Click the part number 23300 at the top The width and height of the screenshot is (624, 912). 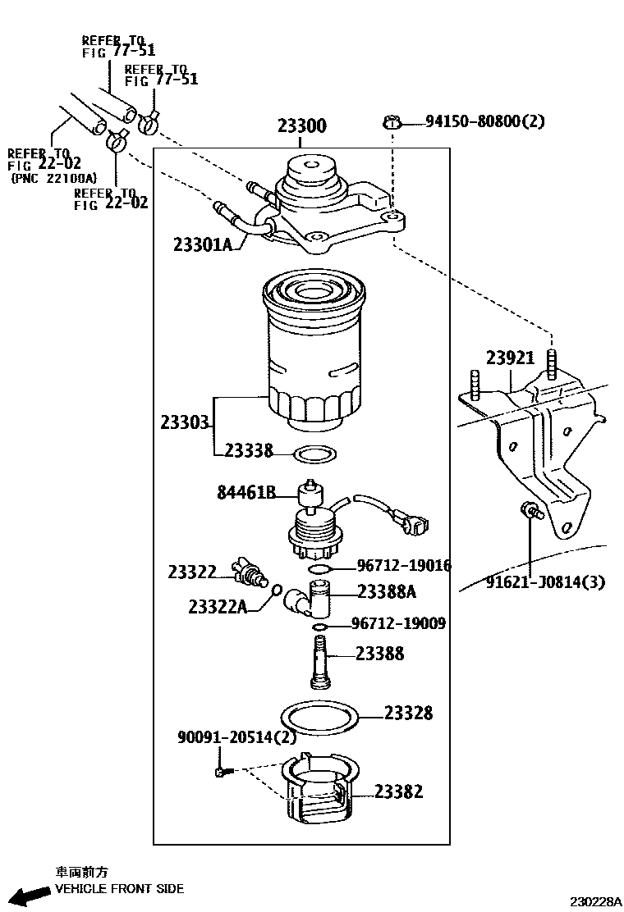click(301, 125)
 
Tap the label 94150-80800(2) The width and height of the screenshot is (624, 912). click(485, 121)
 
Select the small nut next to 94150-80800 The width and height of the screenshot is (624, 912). click(392, 123)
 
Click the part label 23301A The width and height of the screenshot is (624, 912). click(203, 244)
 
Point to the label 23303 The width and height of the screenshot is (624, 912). click(185, 422)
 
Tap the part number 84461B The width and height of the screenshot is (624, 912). click(246, 492)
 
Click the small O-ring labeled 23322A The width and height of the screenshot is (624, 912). click(277, 591)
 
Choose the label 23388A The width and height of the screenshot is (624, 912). click(387, 591)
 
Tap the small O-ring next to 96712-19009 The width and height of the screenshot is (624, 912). click(319, 627)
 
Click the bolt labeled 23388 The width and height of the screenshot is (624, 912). click(319, 662)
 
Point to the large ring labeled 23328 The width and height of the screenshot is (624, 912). click(319, 718)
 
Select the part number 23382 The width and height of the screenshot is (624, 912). click(398, 791)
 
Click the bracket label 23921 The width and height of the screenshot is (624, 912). click(510, 358)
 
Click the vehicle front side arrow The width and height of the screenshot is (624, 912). click(32, 893)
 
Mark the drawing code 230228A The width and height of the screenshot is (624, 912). click(595, 901)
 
